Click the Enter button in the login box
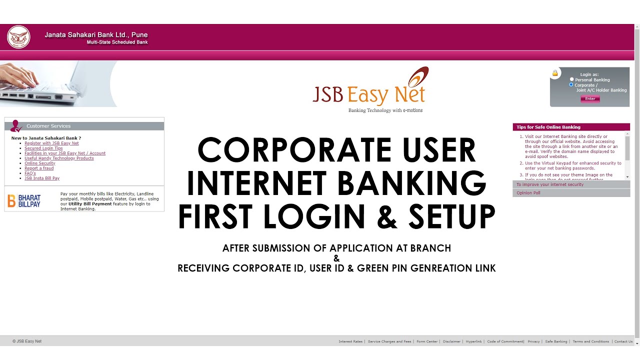(590, 98)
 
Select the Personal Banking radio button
(572, 79)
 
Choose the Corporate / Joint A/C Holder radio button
(571, 85)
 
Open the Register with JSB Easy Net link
(51, 143)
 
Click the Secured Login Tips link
(43, 148)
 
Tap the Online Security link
(40, 163)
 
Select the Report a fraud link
(39, 168)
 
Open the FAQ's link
(30, 173)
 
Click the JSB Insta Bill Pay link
(42, 178)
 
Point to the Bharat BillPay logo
(24, 201)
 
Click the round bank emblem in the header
(18, 37)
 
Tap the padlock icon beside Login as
(555, 73)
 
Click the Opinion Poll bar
(571, 193)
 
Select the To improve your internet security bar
(571, 184)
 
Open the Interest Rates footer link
(350, 341)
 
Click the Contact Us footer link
(623, 341)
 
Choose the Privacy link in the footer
(533, 341)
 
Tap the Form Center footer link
(427, 341)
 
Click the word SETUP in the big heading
(451, 216)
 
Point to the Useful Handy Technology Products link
(59, 158)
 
